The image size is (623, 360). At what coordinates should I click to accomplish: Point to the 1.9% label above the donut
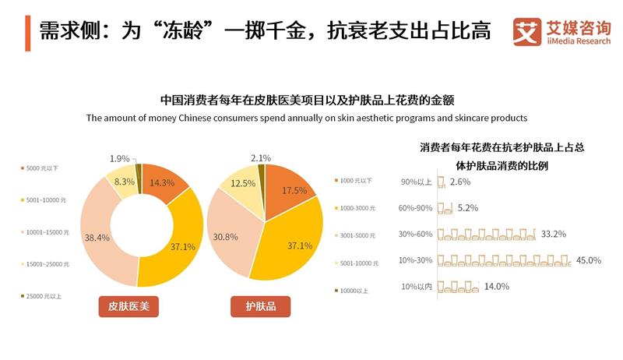pos(120,158)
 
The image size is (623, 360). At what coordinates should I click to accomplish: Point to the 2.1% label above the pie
pos(262,158)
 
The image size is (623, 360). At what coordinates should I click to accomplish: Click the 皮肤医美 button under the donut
pos(128,307)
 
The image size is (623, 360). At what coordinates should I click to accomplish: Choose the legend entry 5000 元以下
pos(43,168)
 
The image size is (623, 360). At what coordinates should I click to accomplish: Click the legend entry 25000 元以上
pos(45,297)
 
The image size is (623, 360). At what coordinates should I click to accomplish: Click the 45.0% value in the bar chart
pos(589,260)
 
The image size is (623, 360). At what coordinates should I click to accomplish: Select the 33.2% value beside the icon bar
pos(552,234)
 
